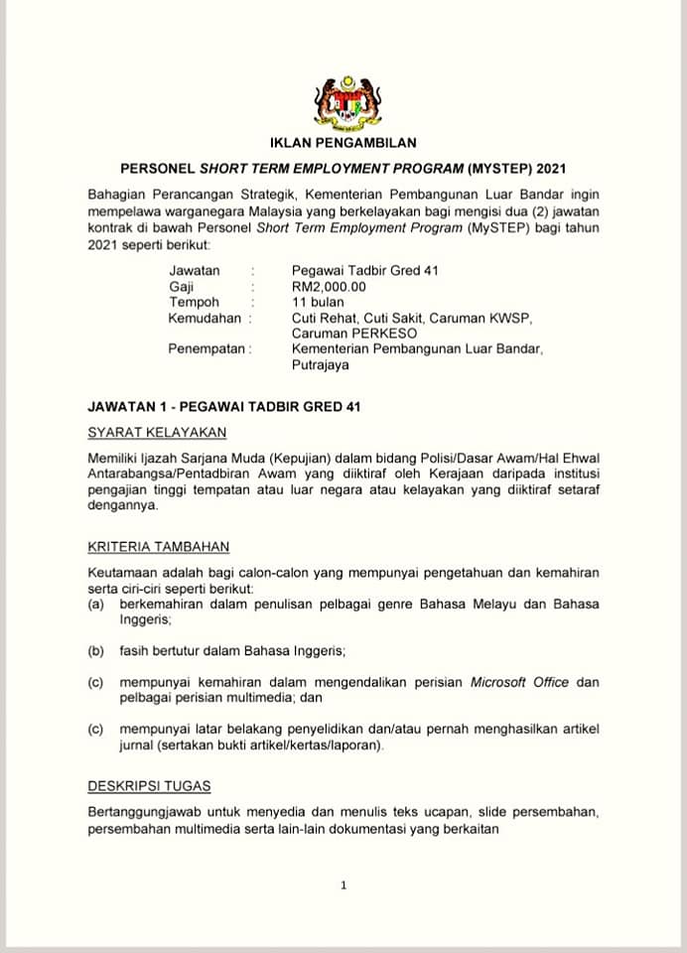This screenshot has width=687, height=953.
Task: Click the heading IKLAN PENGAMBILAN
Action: (x=343, y=143)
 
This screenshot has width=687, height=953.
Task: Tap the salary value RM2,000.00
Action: (x=329, y=286)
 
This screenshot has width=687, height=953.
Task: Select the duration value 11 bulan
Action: (x=319, y=302)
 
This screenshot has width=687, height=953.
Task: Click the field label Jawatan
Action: (x=195, y=270)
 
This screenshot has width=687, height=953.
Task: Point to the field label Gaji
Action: (x=181, y=286)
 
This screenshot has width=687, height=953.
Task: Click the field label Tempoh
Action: (x=194, y=302)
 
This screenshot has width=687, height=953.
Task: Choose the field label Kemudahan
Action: (x=206, y=318)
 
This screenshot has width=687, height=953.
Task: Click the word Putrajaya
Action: (x=321, y=364)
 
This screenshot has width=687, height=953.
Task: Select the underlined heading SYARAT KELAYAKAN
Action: (x=157, y=432)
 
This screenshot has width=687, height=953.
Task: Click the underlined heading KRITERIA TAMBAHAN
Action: (x=159, y=546)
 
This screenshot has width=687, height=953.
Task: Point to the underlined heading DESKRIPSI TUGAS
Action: (x=149, y=786)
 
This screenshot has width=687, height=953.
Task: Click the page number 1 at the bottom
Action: (x=343, y=885)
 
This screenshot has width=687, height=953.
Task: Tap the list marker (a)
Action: (x=96, y=604)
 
